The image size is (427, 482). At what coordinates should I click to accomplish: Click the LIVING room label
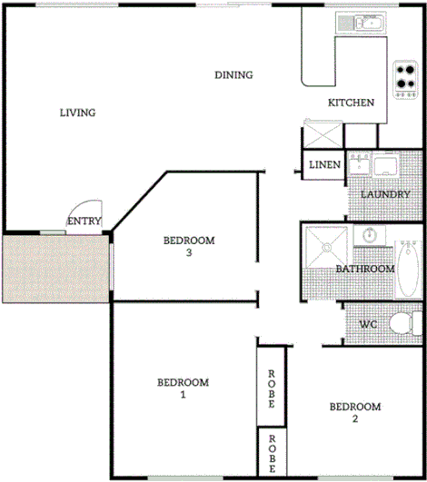pos(77,113)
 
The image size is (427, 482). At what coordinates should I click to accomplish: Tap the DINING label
pos(233,75)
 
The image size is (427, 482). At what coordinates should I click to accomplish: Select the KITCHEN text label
pos(351,103)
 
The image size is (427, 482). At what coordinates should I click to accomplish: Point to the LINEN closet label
pos(324,165)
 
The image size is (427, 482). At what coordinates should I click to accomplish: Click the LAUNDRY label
pos(385,194)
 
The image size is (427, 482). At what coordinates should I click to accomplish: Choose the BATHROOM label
pos(364,269)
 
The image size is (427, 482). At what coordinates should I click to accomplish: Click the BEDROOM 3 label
pos(188,246)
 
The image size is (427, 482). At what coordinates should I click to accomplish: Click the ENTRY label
pos(84,221)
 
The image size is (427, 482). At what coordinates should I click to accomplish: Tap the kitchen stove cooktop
pos(404,80)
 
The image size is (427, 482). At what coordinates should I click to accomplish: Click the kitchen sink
pos(361,23)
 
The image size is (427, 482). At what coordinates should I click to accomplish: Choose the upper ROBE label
pos(271,387)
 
